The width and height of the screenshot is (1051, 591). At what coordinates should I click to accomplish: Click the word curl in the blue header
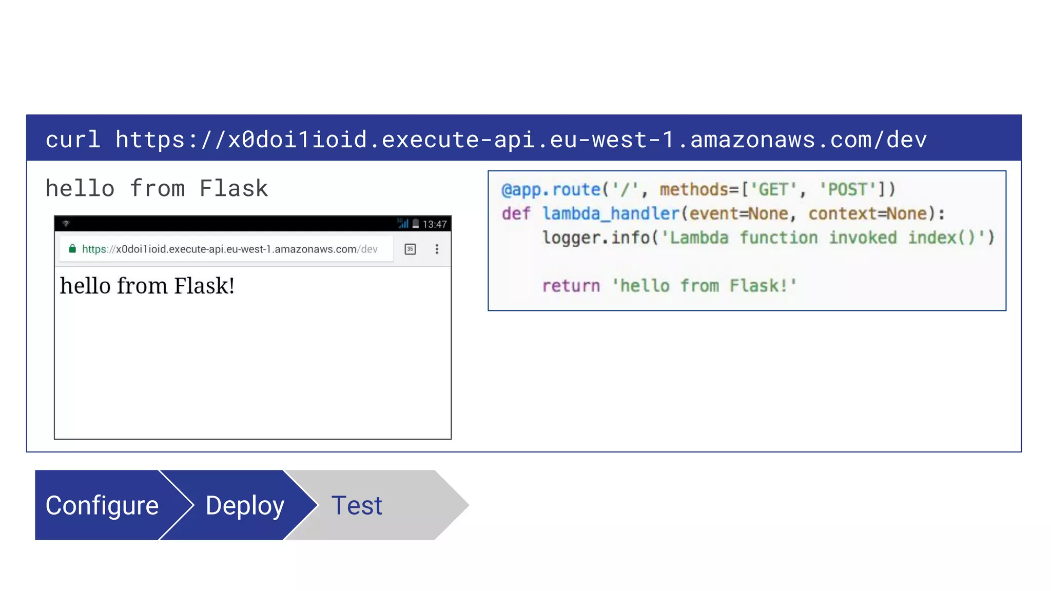coord(72,140)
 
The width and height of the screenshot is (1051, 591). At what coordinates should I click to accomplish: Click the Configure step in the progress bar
coord(102,505)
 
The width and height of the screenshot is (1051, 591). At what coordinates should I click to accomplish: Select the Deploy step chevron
coord(245,505)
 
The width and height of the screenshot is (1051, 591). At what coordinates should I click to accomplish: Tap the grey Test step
coord(357,505)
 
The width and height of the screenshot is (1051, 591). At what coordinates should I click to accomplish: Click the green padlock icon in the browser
coord(72,249)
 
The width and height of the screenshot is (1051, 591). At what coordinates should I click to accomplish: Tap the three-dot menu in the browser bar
coord(437,249)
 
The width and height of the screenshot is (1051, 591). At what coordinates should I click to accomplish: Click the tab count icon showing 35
coord(410,249)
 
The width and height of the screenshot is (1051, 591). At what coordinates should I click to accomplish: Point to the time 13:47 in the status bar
coord(435,224)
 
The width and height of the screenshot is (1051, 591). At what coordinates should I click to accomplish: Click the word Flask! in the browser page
coord(204,286)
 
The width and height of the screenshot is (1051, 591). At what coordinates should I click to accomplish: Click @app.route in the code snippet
coord(551,190)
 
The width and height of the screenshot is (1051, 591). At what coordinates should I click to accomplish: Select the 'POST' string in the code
coord(847,190)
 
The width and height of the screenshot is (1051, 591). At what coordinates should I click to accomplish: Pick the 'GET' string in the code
coord(773,190)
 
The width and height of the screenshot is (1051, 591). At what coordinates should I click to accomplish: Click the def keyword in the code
coord(516,213)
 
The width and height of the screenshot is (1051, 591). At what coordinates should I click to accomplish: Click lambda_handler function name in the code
coord(611,213)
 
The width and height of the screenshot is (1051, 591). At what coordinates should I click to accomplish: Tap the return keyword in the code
coord(571,286)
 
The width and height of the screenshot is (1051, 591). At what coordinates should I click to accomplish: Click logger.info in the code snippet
coord(597,238)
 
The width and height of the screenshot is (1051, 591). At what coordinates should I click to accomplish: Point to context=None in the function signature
coord(868,213)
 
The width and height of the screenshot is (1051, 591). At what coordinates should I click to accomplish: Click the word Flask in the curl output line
coord(233,189)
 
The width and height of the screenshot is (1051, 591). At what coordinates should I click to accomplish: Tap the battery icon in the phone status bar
coord(416,224)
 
